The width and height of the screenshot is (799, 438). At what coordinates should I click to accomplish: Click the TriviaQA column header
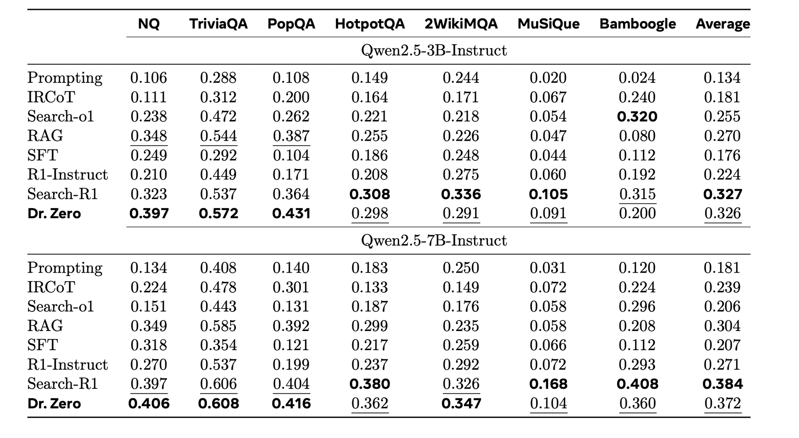tap(218, 24)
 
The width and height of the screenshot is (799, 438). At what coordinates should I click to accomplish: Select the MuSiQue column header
tap(548, 24)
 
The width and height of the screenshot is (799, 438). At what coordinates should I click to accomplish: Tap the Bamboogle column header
tap(637, 24)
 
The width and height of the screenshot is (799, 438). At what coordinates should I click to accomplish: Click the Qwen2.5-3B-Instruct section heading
tap(434, 50)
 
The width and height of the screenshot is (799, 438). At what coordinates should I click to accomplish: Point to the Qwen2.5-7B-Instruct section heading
tap(434, 240)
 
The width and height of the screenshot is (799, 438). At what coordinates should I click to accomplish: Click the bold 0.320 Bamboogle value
tap(637, 117)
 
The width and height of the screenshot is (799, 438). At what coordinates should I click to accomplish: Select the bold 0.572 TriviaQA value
tap(218, 214)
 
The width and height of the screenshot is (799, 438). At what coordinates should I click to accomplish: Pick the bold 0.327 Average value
tap(722, 194)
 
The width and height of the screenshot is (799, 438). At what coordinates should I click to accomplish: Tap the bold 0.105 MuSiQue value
tap(548, 194)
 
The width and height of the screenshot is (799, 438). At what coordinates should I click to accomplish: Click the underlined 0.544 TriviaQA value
tap(218, 136)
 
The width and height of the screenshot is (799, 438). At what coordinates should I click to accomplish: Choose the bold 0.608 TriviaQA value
tap(218, 403)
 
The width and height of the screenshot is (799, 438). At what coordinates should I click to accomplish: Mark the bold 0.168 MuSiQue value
tap(548, 384)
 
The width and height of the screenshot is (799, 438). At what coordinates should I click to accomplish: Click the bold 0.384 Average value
tap(722, 384)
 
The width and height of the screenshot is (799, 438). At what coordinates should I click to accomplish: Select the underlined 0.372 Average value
tap(722, 403)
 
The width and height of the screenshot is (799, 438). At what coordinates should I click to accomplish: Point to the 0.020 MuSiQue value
tap(548, 78)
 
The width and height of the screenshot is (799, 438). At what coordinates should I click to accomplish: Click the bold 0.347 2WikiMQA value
tap(461, 403)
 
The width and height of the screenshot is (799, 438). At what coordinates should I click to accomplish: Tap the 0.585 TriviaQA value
tap(218, 326)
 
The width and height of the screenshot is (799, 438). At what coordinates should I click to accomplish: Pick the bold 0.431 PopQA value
tap(291, 214)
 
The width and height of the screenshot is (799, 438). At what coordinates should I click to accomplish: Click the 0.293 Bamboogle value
tap(637, 365)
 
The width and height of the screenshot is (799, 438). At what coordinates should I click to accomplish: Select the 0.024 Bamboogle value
tap(637, 78)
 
